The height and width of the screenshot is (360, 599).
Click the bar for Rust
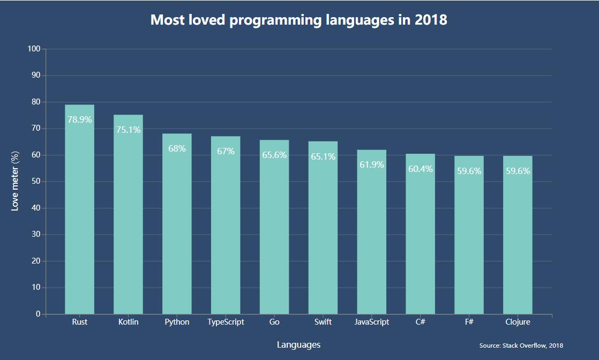79,214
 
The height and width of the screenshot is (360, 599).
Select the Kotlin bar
128,220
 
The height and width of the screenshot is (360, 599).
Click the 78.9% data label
79,120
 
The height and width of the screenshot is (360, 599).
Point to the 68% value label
177,149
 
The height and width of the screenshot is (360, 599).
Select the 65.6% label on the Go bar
274,155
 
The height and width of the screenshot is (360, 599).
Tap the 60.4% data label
420,169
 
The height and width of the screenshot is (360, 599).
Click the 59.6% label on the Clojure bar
518,171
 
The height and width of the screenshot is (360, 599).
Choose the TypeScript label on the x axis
226,322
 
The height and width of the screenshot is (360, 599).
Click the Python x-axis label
177,322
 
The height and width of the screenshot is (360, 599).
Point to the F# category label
469,322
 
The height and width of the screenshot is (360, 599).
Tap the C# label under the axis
420,322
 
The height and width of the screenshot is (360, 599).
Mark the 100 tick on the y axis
34,49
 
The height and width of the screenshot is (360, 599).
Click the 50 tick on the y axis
35,182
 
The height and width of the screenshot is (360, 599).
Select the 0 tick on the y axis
38,314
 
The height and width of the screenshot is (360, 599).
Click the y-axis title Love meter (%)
15,181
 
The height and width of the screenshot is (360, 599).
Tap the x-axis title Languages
298,345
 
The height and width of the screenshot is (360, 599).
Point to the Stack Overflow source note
521,346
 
